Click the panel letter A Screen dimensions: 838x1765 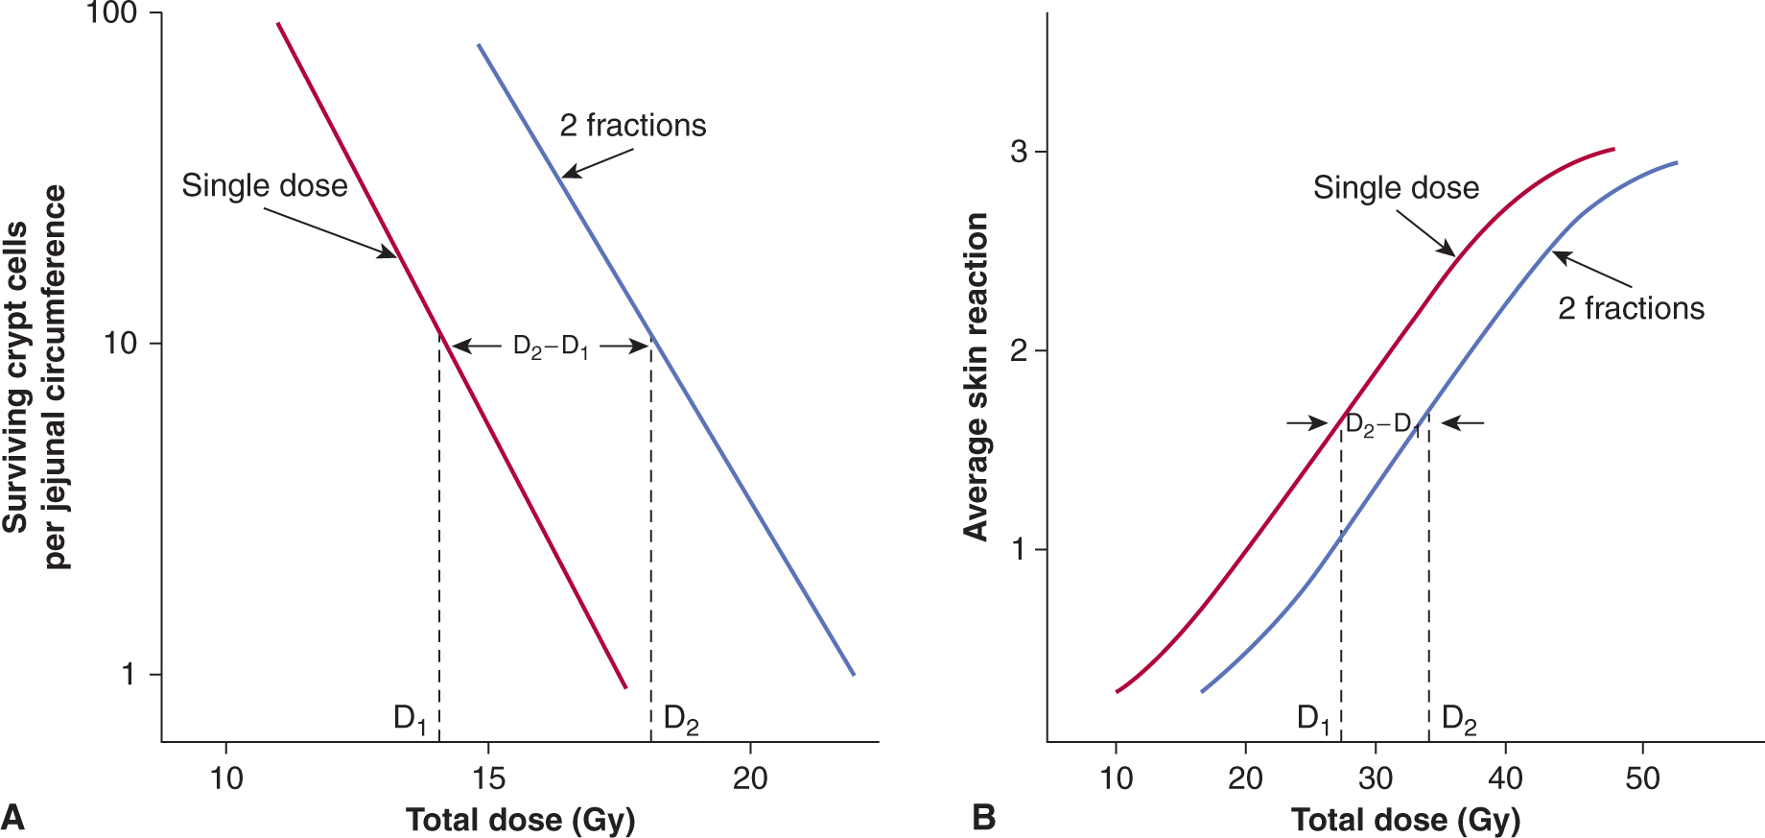(13, 817)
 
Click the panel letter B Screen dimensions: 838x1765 (983, 817)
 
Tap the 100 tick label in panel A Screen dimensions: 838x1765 (111, 14)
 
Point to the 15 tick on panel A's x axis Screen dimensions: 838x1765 (487, 778)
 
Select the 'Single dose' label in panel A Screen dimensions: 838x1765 (265, 185)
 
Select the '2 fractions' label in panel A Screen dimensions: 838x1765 (632, 126)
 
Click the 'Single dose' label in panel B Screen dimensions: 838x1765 (1396, 187)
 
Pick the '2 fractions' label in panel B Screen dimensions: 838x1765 (1631, 308)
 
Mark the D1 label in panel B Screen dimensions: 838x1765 (1313, 718)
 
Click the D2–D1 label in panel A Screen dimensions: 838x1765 (551, 347)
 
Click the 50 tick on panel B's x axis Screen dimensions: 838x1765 (1642, 778)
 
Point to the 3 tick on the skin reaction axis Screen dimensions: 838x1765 (1019, 152)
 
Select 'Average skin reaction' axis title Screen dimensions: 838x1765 (976, 377)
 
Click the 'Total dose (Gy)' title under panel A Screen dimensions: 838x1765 (520, 820)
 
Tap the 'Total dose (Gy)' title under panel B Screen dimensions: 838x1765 (1405, 820)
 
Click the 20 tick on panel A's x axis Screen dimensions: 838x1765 (749, 778)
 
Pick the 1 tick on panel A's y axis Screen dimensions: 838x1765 (128, 674)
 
